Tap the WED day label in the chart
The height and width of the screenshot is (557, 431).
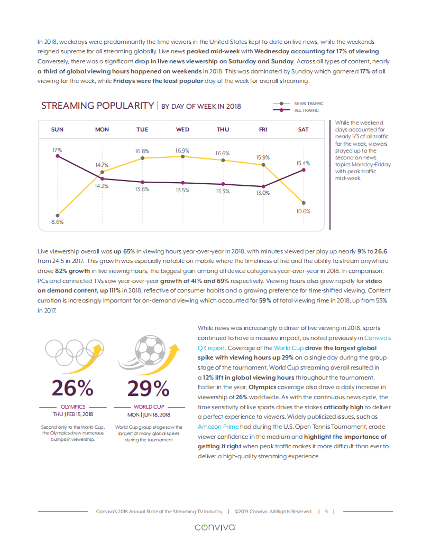pos(182,130)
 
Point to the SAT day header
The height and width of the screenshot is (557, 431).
pos(303,130)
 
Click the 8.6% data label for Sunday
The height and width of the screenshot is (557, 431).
pos(57,222)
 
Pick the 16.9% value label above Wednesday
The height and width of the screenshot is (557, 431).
pos(182,150)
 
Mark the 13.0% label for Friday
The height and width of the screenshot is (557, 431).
pos(263,193)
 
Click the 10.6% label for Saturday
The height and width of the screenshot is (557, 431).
pos(303,211)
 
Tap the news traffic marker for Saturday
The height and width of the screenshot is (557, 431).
pos(303,202)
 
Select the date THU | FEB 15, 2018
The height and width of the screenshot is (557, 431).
pos(73,414)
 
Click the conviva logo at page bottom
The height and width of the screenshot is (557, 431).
pos(215,527)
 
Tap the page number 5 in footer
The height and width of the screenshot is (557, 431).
pos(327,511)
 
